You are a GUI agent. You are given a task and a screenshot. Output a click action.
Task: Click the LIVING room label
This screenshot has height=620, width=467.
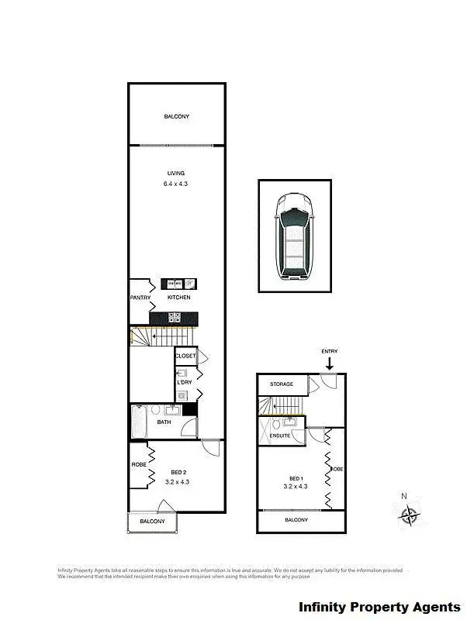click(x=175, y=174)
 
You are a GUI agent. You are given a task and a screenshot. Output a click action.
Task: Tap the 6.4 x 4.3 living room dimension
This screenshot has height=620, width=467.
click(x=175, y=184)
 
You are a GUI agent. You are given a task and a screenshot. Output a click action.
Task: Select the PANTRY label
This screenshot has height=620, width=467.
click(x=140, y=298)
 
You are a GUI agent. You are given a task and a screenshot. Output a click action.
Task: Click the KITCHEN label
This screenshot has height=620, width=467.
click(x=179, y=298)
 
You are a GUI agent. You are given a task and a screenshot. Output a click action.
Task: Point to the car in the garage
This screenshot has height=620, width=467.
click(x=295, y=236)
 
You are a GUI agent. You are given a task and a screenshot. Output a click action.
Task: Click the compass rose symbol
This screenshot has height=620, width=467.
click(x=409, y=513)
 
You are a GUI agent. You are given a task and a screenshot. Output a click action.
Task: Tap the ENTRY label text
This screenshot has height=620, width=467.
click(x=330, y=352)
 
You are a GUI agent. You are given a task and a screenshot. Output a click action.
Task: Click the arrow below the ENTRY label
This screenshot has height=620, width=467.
click(x=330, y=363)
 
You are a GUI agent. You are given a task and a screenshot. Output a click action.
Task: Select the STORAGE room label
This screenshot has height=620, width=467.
click(x=282, y=384)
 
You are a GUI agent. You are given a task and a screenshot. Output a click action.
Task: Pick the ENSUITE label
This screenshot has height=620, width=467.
click(x=280, y=436)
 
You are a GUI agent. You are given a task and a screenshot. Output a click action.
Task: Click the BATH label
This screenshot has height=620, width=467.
click(x=164, y=422)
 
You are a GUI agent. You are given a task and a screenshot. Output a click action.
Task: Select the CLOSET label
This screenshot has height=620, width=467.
click(x=186, y=356)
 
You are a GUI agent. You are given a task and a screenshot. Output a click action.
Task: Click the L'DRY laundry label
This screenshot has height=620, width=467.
click(x=185, y=383)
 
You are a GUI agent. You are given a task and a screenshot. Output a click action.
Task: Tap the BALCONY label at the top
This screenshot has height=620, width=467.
click(x=176, y=117)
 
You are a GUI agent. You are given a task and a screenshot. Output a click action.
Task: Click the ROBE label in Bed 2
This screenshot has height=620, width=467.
click(x=139, y=465)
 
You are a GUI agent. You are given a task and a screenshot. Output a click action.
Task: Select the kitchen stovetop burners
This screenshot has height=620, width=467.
click(x=175, y=317)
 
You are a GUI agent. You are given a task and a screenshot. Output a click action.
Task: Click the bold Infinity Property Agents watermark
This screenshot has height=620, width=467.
click(x=379, y=607)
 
